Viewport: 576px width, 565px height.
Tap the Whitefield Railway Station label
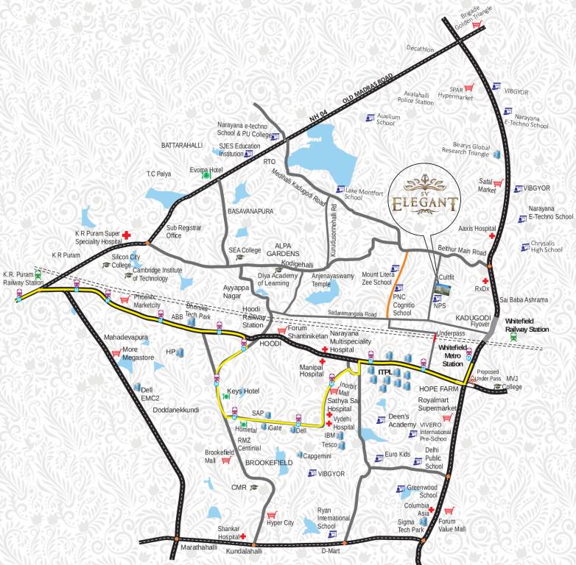pyautogui.click(x=527, y=326)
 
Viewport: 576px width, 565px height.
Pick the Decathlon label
pyautogui.click(x=420, y=49)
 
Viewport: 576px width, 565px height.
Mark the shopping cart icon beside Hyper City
pyautogui.click(x=272, y=514)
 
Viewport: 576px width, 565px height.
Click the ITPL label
pyautogui.click(x=384, y=373)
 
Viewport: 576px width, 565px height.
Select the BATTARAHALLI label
pyautogui.click(x=182, y=146)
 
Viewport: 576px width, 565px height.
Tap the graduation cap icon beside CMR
pyautogui.click(x=254, y=487)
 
